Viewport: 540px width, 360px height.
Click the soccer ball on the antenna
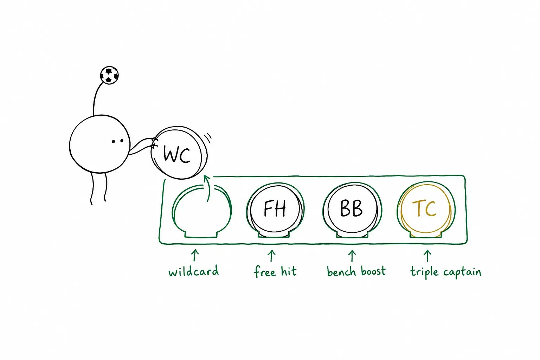109,75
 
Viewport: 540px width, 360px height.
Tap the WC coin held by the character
179,153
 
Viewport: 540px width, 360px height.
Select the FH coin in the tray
275,209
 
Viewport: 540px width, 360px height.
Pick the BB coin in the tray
352,209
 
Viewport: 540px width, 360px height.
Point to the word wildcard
194,271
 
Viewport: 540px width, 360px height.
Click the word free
265,271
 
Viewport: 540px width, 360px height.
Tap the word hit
289,271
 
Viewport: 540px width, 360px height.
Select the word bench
341,271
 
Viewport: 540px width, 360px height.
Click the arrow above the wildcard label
195,255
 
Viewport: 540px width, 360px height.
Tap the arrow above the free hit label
272,256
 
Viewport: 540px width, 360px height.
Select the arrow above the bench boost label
352,256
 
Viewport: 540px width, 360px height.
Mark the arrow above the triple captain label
427,256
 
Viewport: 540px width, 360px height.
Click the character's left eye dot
113,142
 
